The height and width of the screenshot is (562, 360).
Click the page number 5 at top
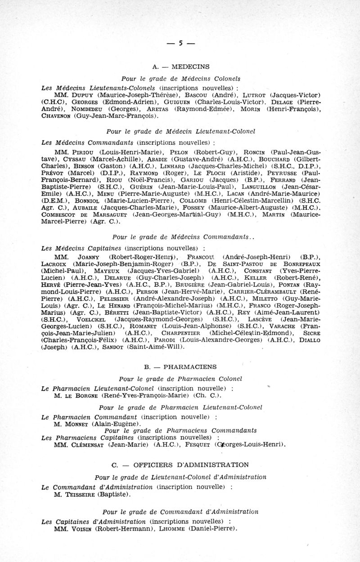pyautogui.click(x=180, y=44)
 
